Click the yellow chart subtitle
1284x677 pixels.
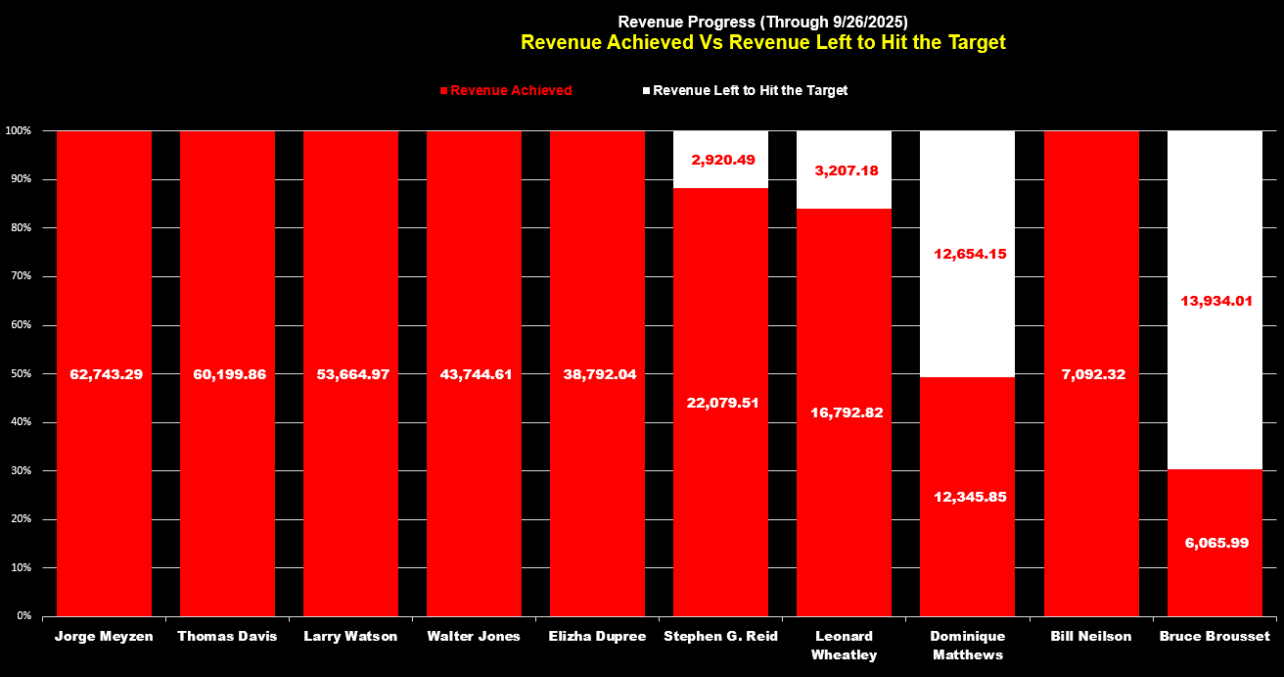tap(762, 42)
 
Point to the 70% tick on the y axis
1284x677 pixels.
tap(20, 276)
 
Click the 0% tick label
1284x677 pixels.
tap(23, 616)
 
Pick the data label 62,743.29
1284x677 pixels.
tap(105, 374)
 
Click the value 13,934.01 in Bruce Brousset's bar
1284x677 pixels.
tap(1215, 301)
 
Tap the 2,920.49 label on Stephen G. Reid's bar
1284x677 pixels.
tap(722, 159)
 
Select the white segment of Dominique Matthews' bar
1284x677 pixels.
tap(967, 196)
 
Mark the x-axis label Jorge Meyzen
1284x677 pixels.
tap(105, 636)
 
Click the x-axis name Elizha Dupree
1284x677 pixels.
tap(598, 636)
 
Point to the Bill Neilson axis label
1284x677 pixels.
tap(1091, 636)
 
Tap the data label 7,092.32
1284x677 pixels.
tap(1091, 374)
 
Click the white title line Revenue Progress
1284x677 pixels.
tap(762, 22)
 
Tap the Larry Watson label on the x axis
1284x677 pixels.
tap(351, 636)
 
